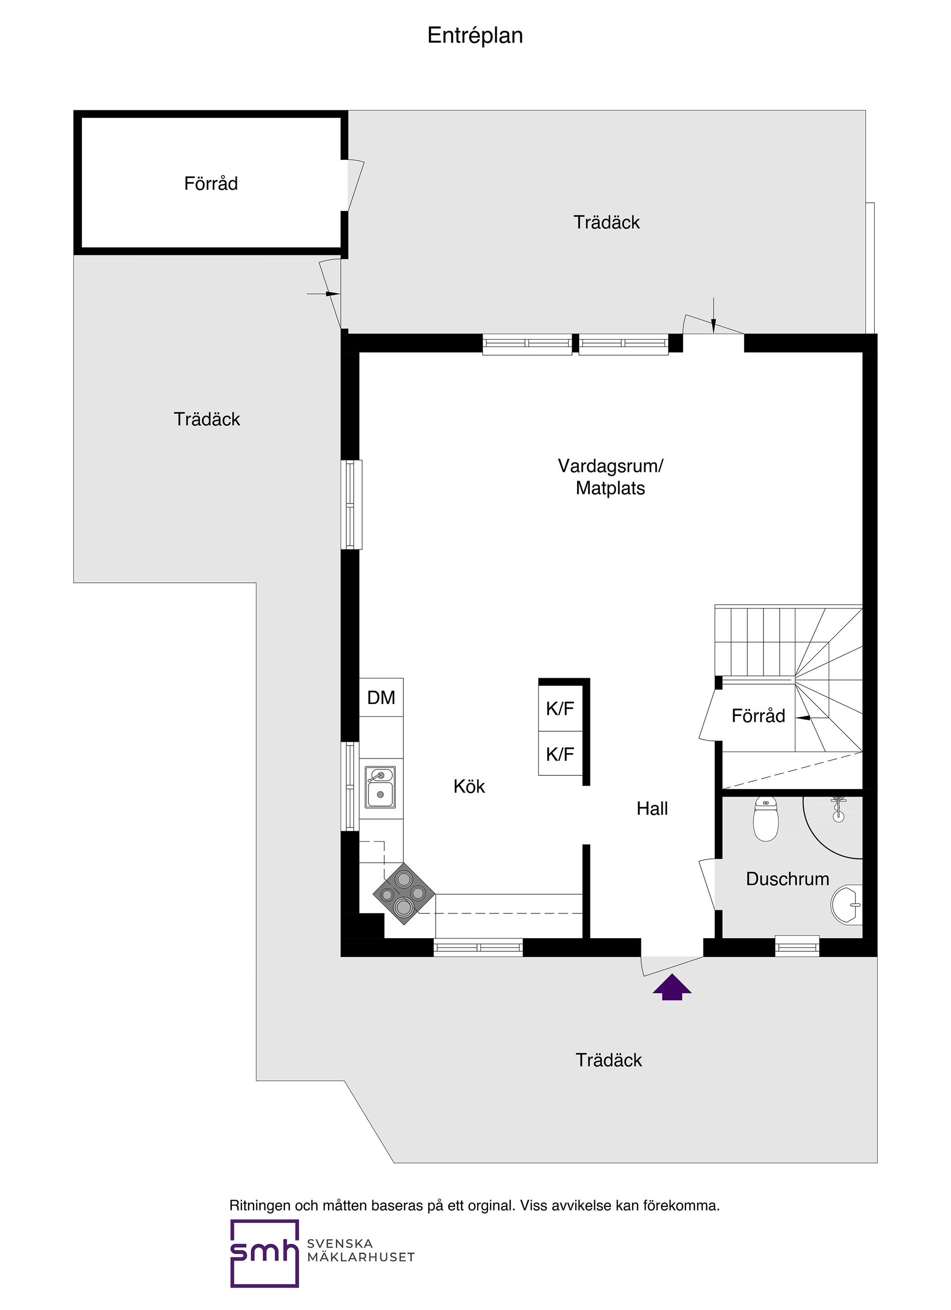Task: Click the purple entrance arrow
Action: click(672, 987)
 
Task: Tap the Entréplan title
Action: click(475, 36)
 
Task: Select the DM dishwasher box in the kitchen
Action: click(381, 698)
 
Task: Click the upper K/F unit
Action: click(560, 709)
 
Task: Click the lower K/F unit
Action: click(560, 754)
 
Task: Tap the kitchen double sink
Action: click(380, 787)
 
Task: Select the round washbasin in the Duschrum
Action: click(847, 905)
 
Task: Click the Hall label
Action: click(652, 808)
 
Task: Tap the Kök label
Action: click(469, 786)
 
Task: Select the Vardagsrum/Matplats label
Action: click(610, 477)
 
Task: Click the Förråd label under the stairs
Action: click(758, 716)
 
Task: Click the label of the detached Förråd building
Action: click(211, 184)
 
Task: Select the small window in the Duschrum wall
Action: click(797, 946)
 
